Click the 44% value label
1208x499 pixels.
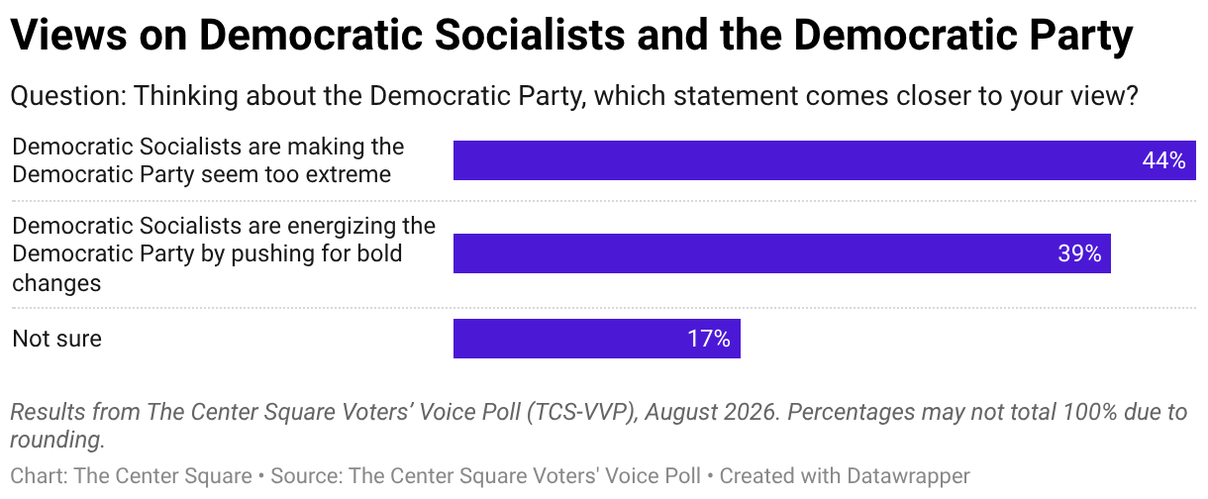pyautogui.click(x=1163, y=160)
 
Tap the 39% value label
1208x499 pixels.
pyautogui.click(x=1079, y=253)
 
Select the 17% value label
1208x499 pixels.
pyautogui.click(x=709, y=339)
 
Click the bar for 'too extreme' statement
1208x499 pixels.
pyautogui.click(x=825, y=160)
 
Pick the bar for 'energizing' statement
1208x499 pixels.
pyautogui.click(x=782, y=253)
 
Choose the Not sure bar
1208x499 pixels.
pyautogui.click(x=597, y=339)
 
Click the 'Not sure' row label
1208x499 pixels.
pyautogui.click(x=56, y=339)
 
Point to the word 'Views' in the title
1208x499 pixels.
pyautogui.click(x=68, y=35)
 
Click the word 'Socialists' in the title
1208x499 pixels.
pyautogui.click(x=530, y=35)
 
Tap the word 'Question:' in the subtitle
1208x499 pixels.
pyautogui.click(x=68, y=96)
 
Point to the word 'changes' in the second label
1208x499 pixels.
pyautogui.click(x=56, y=283)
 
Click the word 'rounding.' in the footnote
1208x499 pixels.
pyautogui.click(x=57, y=441)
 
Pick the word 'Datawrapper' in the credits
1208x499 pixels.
pyautogui.click(x=908, y=476)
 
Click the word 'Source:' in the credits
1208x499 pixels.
pyautogui.click(x=306, y=476)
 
